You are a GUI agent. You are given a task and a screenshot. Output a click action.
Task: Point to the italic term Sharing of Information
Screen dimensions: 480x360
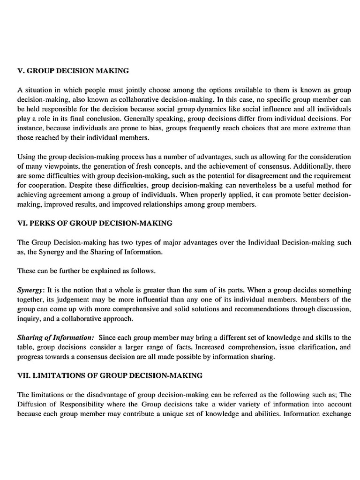pos(55,337)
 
